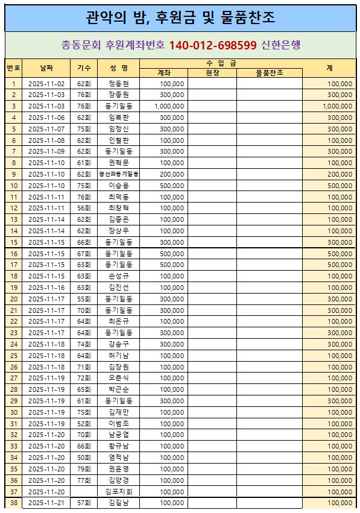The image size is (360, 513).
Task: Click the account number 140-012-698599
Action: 213,45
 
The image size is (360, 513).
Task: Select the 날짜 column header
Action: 46,68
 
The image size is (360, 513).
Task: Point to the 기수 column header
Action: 83,68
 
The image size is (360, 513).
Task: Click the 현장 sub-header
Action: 212,73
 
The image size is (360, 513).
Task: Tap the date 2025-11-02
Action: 46,84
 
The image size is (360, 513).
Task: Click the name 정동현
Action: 118,84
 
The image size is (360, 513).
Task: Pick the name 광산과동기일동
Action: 118,174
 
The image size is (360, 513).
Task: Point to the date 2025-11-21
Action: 46,503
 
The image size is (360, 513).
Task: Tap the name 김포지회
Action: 118,491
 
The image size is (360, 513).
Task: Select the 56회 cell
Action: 83,208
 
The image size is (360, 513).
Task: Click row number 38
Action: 14,503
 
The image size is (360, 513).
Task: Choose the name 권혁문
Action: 118,163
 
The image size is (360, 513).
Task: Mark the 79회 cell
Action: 83,468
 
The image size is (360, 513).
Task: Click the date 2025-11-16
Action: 46,288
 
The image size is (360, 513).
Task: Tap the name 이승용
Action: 118,186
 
